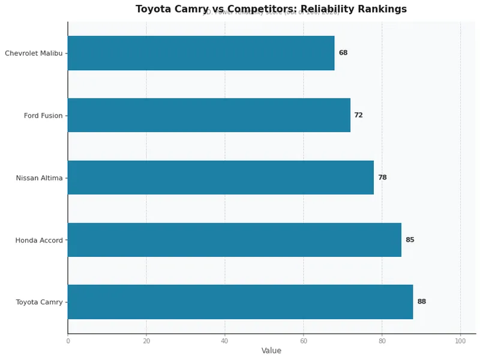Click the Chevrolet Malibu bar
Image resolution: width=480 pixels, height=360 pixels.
201,53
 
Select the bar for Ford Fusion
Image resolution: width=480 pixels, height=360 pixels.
209,115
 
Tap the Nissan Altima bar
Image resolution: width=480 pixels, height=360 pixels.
221,178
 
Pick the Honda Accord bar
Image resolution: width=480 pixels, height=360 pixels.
235,240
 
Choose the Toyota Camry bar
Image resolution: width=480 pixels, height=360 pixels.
240,302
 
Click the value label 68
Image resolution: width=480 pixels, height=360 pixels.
343,53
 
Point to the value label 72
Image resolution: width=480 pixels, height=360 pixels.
358,115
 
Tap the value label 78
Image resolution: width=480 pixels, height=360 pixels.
382,178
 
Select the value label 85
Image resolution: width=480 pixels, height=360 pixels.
410,240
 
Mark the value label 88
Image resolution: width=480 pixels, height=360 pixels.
422,302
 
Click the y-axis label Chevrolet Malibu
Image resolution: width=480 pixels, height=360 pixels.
34,53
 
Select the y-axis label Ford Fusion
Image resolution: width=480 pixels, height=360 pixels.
43,116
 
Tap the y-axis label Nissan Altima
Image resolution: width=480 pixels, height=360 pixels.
39,178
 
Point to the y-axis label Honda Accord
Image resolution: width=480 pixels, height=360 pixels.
39,241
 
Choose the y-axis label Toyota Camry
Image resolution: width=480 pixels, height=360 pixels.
39,302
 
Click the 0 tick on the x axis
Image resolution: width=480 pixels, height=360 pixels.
68,341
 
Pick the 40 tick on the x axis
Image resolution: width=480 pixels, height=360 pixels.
225,341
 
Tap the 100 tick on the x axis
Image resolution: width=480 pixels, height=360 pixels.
460,341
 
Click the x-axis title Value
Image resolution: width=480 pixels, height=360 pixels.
271,351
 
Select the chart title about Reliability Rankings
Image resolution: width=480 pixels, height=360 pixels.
271,9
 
